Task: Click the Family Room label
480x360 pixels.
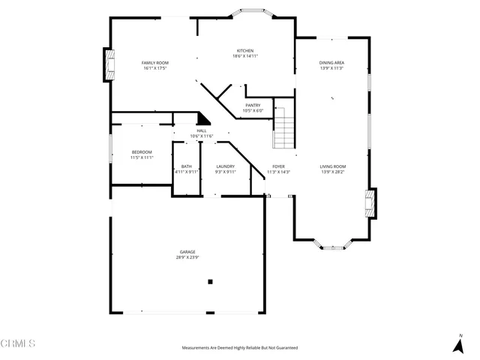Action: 156,62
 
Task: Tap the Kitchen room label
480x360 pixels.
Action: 245,51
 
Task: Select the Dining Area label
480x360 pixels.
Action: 331,63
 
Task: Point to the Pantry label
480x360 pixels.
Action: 253,106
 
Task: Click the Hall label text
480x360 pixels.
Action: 201,130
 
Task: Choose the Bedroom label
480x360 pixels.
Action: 142,152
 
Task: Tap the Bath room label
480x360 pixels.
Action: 186,166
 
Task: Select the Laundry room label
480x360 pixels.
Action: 226,166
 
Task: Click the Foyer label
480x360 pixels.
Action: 278,166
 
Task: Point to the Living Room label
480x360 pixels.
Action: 333,166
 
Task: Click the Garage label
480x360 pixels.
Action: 187,252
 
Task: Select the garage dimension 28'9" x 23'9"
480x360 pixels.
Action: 187,257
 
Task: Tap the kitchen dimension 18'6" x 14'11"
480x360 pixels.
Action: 245,56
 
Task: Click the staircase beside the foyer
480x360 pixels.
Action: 284,127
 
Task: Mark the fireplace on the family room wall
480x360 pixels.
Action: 109,64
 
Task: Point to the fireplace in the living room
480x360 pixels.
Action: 370,203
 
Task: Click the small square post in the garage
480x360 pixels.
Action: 211,282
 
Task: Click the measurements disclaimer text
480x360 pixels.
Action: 240,348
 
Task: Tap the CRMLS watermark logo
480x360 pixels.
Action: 18,343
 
